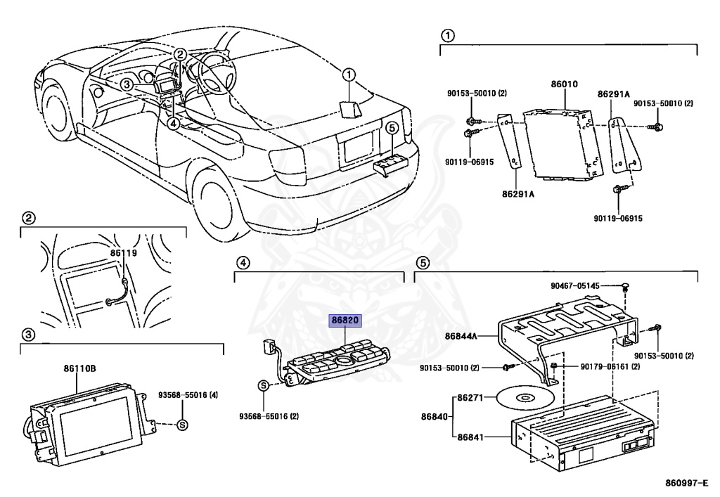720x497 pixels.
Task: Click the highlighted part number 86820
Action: pyautogui.click(x=345, y=321)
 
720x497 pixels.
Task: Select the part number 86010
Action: pyautogui.click(x=564, y=84)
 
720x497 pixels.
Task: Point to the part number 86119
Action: pyautogui.click(x=123, y=251)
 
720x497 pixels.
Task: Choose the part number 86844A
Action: pyautogui.click(x=461, y=336)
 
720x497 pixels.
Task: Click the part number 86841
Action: pyautogui.click(x=471, y=437)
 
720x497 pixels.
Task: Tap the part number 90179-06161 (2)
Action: pyautogui.click(x=610, y=367)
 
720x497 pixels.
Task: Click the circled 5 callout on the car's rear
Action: pyautogui.click(x=392, y=128)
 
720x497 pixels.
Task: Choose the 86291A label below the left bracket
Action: pyautogui.click(x=517, y=193)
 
